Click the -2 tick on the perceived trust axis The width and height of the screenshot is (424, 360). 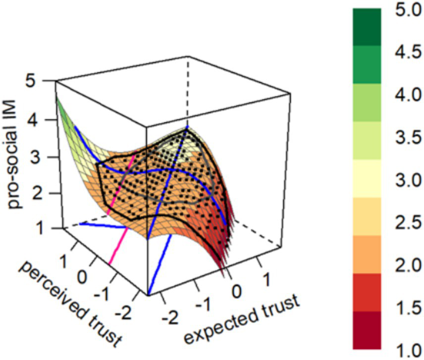coord(127,312)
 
